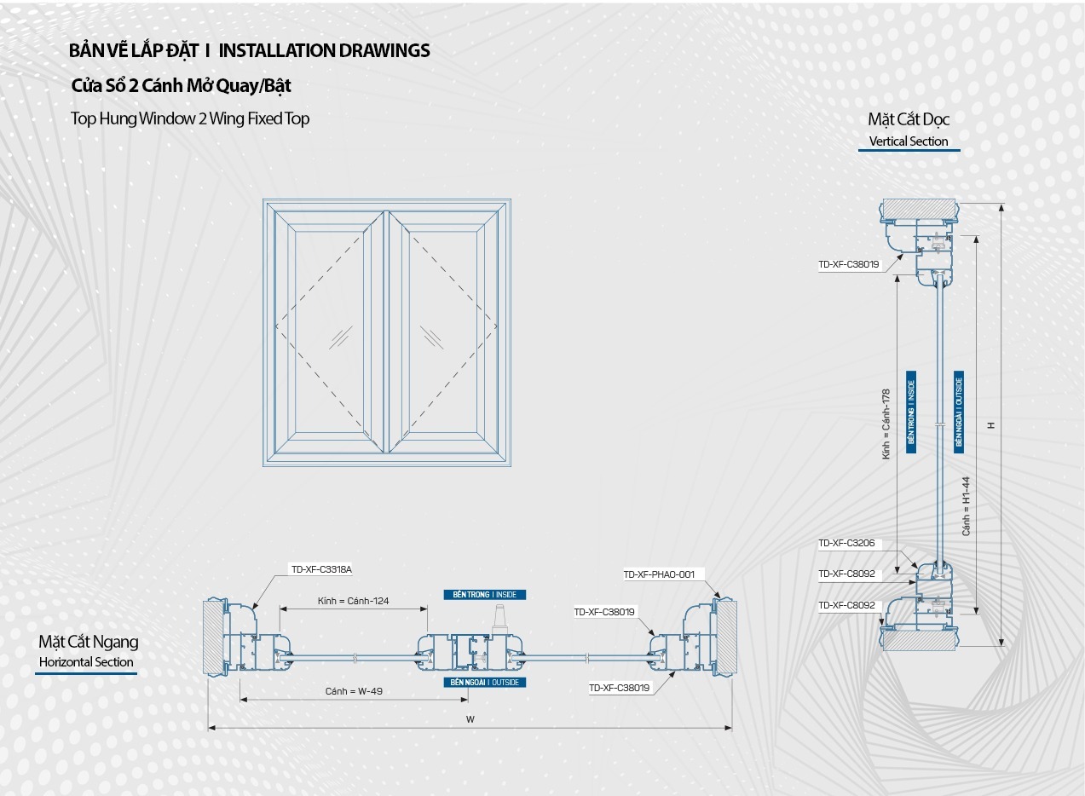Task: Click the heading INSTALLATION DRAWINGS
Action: tap(324, 50)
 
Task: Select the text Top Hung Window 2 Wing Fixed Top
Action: tap(190, 118)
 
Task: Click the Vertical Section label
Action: tap(908, 141)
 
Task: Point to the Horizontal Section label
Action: tap(86, 662)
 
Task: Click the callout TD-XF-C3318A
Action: tap(321, 569)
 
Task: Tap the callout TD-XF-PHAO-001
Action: tap(659, 574)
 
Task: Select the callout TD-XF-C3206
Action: tap(846, 544)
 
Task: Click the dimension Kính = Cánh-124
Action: tap(353, 601)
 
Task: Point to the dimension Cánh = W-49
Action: tap(354, 691)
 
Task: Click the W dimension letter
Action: tap(470, 719)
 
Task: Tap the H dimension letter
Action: tap(991, 425)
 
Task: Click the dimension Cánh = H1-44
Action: tap(967, 505)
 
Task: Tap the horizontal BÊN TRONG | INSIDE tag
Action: tap(485, 595)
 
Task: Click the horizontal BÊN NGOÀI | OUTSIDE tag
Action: tap(485, 683)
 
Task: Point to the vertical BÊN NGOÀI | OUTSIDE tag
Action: tap(959, 412)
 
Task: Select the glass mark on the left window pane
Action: tap(342, 337)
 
